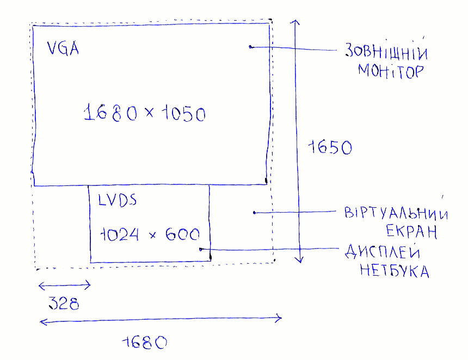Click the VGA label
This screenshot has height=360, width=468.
point(63,49)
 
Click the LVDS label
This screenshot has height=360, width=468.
point(117,200)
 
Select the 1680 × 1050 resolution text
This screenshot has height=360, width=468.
point(145,114)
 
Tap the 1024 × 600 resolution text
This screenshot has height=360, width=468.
point(150,234)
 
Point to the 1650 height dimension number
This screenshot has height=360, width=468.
point(330,147)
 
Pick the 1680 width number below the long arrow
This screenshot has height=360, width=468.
point(145,343)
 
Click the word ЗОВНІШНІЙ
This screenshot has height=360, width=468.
point(386,53)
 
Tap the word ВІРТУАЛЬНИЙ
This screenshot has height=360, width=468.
point(396,213)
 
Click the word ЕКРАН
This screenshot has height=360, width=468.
point(412,232)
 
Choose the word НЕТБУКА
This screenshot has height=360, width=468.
point(394,270)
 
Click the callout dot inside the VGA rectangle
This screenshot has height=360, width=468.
point(250,47)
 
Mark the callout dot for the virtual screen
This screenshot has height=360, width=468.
point(255,213)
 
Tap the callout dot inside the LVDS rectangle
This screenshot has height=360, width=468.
point(201,249)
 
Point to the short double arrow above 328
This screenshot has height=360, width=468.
point(64,285)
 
